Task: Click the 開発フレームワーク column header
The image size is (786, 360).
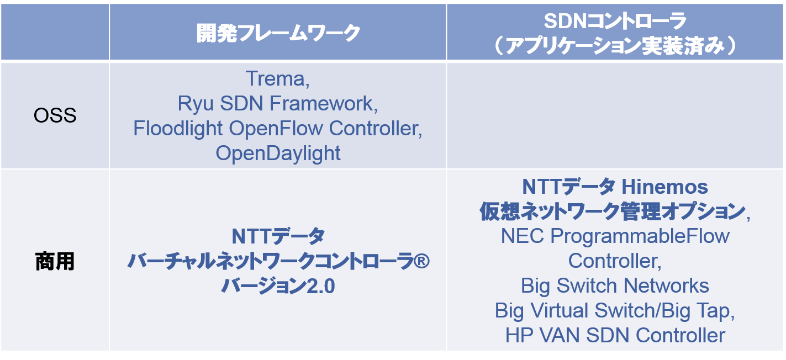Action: pos(278,33)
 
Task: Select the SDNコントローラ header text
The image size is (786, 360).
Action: pos(615,21)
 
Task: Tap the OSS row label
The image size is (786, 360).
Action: pos(55,115)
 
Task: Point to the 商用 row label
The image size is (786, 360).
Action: pos(55,261)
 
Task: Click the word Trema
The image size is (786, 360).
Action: pos(275,78)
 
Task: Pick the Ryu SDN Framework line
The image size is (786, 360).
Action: pos(277,104)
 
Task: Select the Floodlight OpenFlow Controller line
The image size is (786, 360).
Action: pos(277,129)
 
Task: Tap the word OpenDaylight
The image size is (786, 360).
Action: pos(278,153)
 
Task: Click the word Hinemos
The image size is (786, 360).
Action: pos(664,187)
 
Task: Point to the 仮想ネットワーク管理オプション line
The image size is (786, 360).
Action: pos(613,211)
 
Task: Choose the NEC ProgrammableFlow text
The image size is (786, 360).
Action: pos(615,236)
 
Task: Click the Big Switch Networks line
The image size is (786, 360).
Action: pos(615,285)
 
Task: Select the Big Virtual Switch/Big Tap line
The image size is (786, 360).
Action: pos(615,311)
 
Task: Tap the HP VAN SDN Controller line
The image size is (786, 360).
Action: pos(615,336)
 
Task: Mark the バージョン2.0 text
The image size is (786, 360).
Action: pos(278,286)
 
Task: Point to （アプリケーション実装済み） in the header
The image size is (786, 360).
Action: pos(615,46)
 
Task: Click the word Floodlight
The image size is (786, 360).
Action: pos(178,129)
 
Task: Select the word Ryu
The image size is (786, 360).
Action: pos(196,104)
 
